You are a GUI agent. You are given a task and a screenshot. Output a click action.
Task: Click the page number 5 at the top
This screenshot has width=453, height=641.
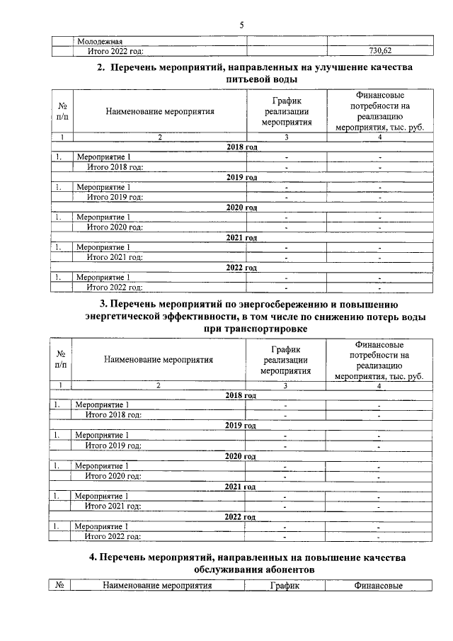[x=241, y=25]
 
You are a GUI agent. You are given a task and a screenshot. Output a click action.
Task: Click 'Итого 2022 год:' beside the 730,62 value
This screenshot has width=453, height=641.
[x=115, y=51]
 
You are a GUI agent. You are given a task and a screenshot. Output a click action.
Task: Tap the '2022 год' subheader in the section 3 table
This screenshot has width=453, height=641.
[x=240, y=517]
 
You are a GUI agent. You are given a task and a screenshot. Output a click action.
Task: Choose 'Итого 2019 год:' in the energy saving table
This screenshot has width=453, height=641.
[x=113, y=446]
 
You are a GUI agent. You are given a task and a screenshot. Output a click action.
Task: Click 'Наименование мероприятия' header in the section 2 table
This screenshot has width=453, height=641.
[x=160, y=111]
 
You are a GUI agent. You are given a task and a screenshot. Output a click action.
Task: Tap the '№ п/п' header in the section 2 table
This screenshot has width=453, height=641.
[x=62, y=111]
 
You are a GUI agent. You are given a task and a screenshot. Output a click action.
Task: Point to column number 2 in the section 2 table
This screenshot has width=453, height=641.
[x=160, y=137]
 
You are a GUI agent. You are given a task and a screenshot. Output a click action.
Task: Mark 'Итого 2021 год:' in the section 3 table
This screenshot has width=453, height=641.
[x=113, y=506]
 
